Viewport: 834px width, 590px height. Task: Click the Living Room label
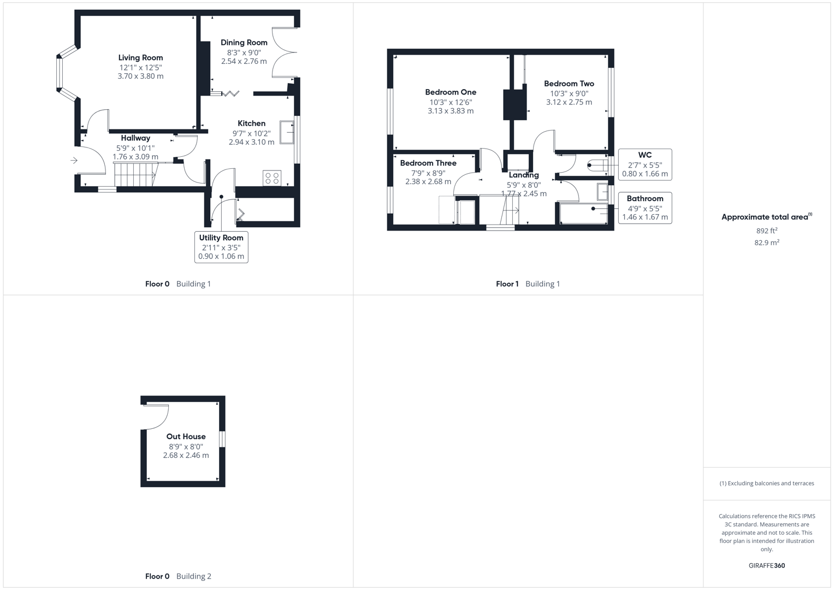[140, 57]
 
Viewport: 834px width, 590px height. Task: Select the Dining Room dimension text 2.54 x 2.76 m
[244, 61]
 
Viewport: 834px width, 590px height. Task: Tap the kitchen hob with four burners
[272, 178]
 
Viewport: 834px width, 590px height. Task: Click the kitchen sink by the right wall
[287, 132]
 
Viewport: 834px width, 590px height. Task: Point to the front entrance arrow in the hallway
[74, 160]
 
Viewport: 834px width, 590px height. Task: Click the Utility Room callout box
[221, 247]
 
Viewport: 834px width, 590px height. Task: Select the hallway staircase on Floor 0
[135, 175]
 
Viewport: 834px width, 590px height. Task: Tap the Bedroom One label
[451, 92]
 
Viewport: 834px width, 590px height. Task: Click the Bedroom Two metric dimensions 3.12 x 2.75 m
[569, 102]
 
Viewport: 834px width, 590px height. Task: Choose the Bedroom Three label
[428, 163]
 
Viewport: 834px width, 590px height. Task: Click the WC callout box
[644, 164]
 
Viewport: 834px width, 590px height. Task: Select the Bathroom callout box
[644, 208]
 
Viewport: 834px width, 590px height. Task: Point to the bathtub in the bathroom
[583, 214]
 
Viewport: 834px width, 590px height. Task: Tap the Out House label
[186, 436]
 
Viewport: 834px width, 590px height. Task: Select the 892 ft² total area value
[766, 231]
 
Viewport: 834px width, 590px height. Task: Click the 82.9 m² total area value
[766, 243]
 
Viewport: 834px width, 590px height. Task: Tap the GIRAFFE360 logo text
[766, 565]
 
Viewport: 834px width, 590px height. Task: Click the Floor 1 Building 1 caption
[528, 284]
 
